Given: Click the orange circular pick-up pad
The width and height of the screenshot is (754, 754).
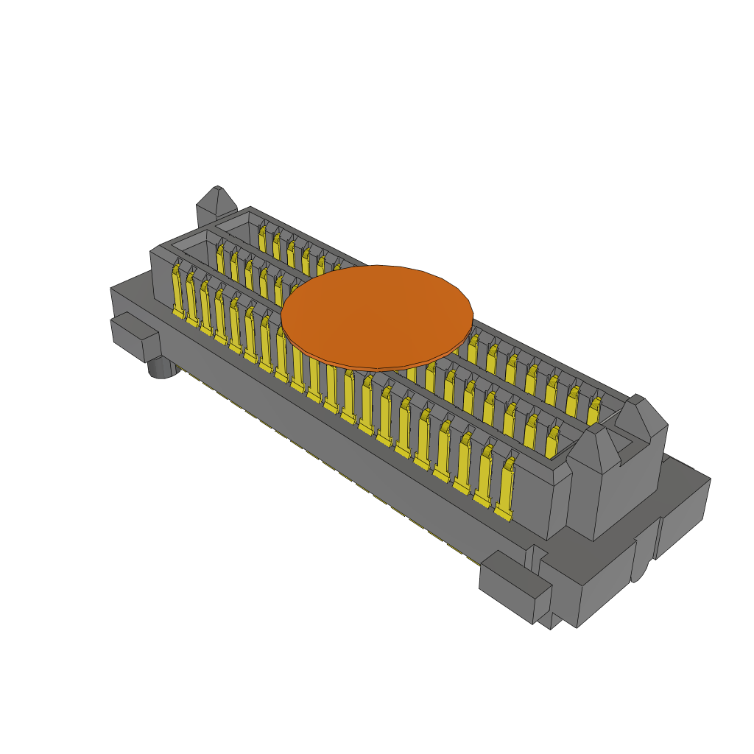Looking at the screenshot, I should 376,315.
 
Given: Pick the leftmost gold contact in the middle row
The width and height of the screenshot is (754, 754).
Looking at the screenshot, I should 220,259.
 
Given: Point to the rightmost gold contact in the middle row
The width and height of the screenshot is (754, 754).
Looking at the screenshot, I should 552,444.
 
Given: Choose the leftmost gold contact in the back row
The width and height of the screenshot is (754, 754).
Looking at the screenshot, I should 262,238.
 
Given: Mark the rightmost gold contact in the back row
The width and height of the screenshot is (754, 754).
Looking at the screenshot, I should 593,412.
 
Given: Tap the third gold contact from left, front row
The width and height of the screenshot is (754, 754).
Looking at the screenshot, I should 205,309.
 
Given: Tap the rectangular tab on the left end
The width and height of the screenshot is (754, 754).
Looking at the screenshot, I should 135,337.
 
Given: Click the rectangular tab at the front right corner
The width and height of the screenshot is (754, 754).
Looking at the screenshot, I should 515,585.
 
